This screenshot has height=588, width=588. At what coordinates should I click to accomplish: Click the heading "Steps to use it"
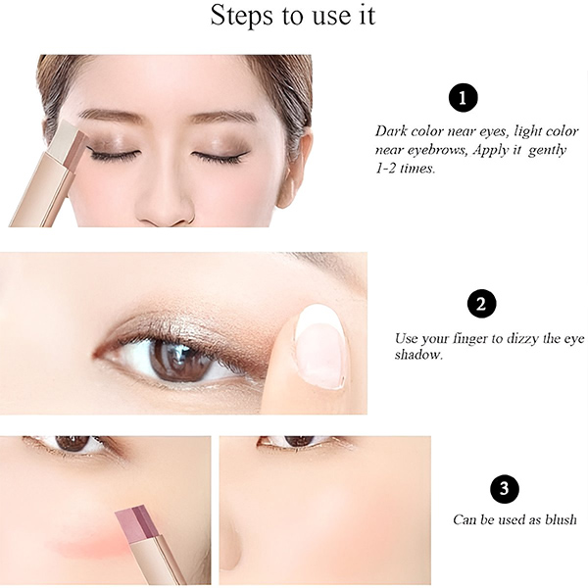point(293,16)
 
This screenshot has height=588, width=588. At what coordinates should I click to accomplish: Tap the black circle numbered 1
point(464,98)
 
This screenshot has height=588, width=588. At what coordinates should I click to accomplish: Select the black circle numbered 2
point(481,304)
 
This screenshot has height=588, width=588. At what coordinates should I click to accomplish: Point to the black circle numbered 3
point(505,489)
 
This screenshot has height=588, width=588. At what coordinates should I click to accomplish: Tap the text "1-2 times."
point(405,169)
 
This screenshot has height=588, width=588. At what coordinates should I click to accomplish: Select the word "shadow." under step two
point(418,355)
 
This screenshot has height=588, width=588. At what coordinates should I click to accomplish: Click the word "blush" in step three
point(561,519)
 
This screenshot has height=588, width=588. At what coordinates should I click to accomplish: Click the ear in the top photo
point(297,169)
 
